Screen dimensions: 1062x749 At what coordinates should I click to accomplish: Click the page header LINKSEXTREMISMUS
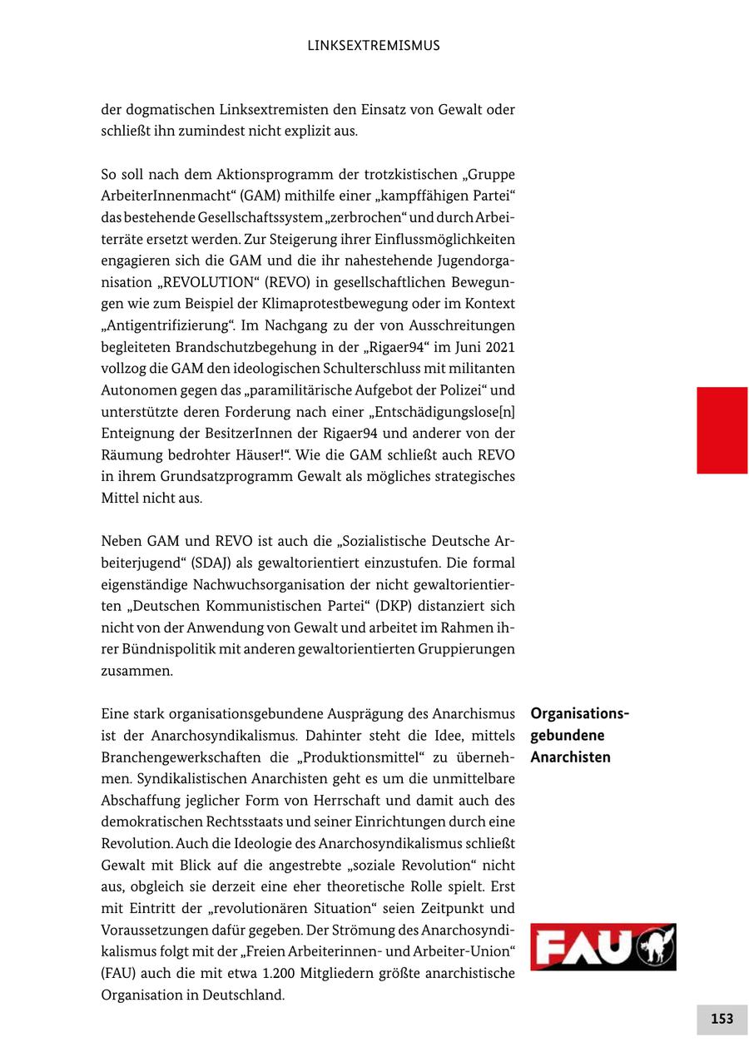pos(373,46)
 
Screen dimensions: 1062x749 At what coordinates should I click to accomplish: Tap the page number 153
pos(722,1019)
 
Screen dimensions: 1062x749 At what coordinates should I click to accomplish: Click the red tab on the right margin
pos(722,430)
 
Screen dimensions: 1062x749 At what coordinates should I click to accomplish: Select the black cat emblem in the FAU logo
pos(654,947)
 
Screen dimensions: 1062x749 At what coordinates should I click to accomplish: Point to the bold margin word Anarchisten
pos(570,757)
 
